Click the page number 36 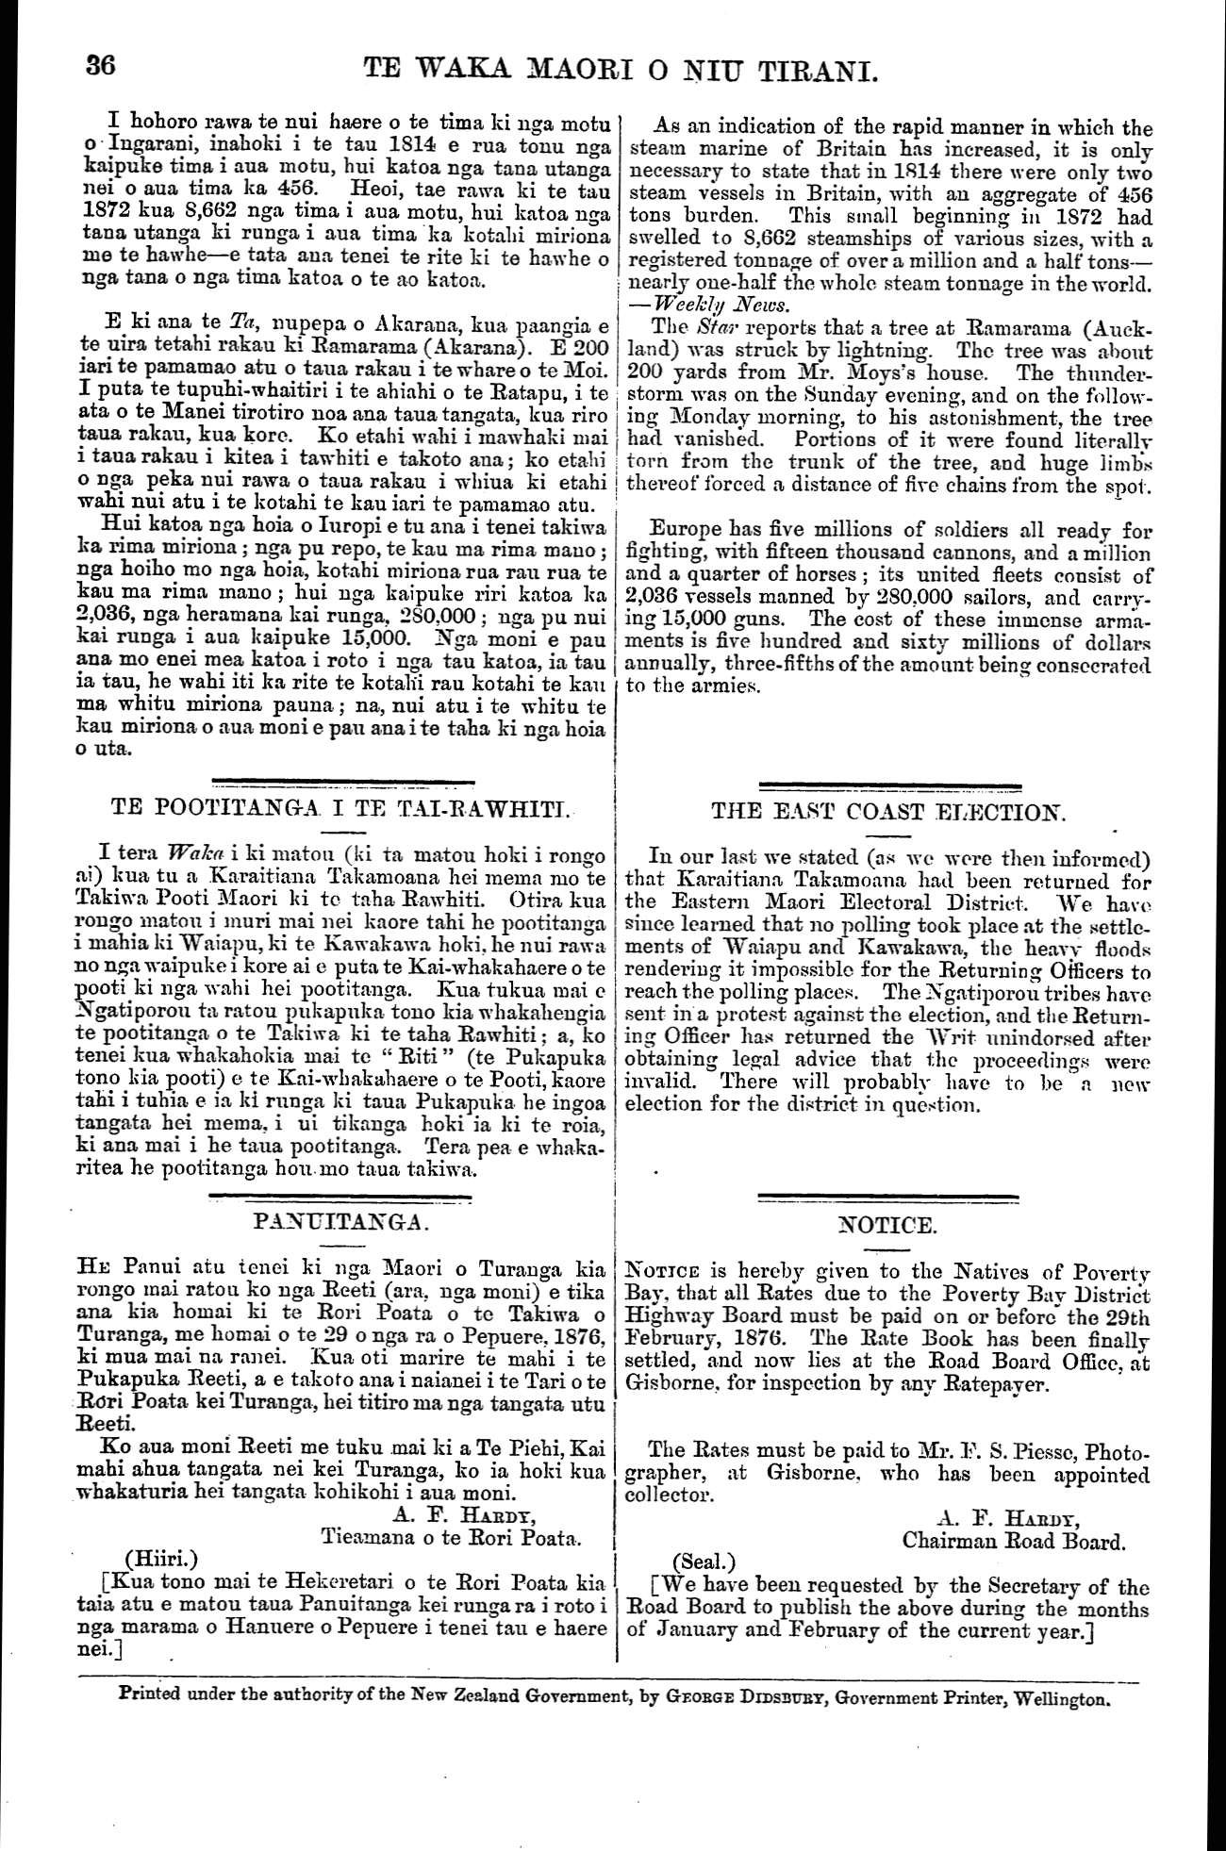[x=100, y=67]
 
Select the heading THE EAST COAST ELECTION [x=889, y=813]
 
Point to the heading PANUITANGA [x=341, y=1223]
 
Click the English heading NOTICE [x=888, y=1226]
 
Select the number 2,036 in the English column [x=657, y=597]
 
